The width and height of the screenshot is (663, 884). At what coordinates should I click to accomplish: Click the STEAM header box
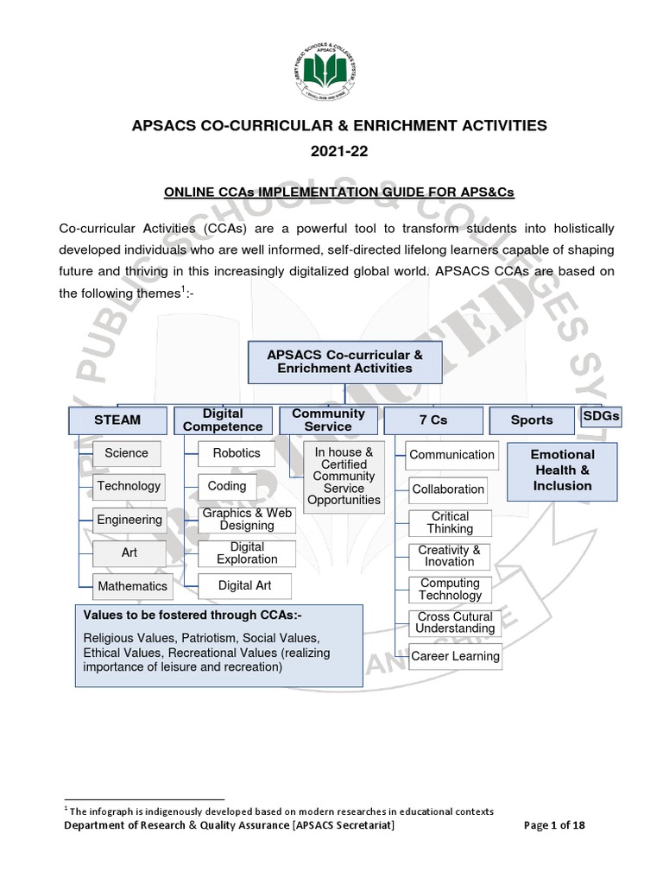117,420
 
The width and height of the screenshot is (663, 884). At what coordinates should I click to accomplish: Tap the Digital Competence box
223,420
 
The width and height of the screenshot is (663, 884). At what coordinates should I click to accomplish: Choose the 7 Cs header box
433,420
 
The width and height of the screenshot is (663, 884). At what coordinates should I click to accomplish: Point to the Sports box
531,420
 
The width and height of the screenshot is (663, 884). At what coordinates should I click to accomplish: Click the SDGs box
602,416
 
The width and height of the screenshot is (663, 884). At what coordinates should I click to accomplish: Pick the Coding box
227,486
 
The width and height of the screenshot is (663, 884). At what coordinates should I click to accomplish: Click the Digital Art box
244,585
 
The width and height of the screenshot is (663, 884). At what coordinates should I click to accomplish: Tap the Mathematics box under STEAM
132,586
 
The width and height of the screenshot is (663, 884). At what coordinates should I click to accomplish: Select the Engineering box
129,520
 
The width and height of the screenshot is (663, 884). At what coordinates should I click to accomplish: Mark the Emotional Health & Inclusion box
562,470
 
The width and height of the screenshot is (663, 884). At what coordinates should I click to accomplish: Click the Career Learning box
455,656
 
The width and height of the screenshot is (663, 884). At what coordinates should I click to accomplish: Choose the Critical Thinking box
450,522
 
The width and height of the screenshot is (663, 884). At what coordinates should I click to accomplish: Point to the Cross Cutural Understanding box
455,622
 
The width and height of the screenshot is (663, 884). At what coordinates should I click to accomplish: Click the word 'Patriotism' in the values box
211,639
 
